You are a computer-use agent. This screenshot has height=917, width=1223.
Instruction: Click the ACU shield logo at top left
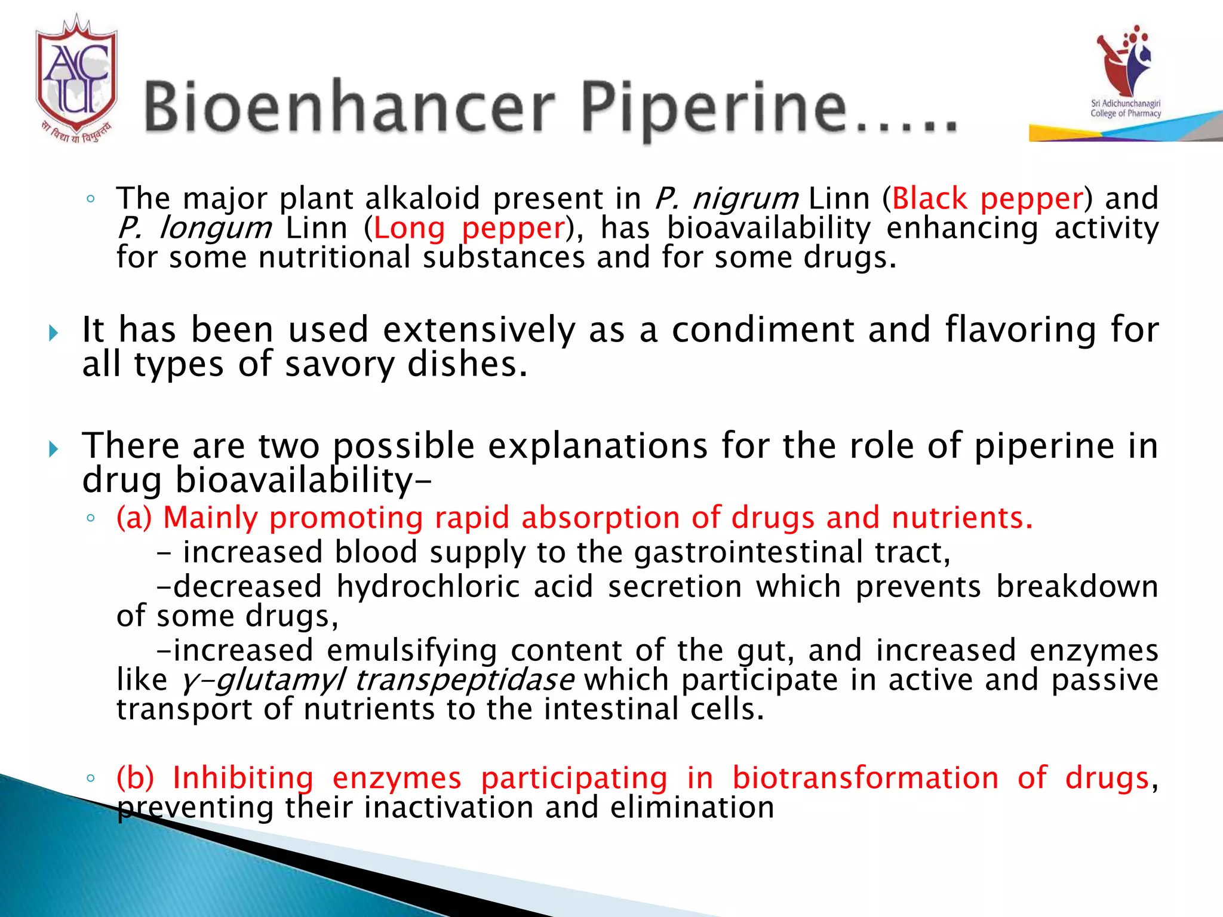76,78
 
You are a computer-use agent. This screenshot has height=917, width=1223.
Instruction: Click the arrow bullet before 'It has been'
53,333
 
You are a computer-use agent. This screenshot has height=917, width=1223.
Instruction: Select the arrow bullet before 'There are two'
53,448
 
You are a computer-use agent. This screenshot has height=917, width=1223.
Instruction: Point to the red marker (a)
134,518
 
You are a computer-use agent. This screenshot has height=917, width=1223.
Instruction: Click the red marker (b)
135,778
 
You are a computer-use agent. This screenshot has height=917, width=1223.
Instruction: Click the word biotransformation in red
865,778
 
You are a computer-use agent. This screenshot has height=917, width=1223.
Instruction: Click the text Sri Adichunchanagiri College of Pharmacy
1126,109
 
